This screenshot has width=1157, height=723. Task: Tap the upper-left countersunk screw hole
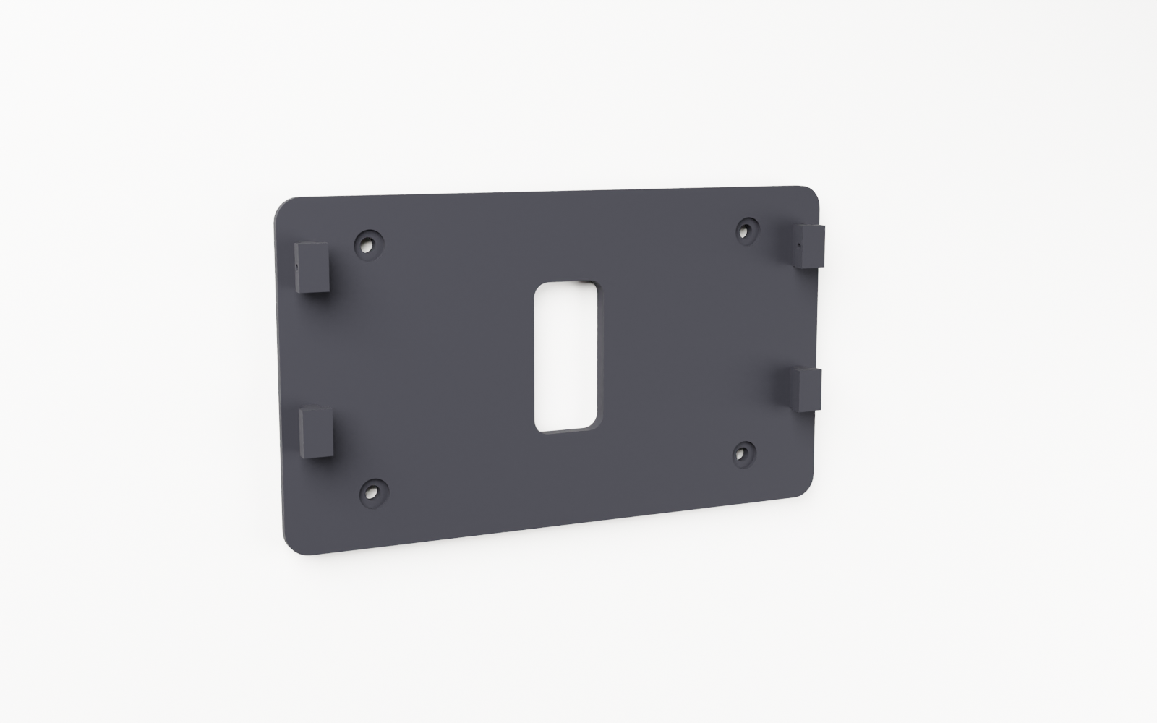pyautogui.click(x=369, y=244)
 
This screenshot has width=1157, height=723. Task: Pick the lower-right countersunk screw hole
pyautogui.click(x=743, y=453)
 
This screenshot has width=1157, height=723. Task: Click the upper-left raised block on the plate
pyautogui.click(x=314, y=267)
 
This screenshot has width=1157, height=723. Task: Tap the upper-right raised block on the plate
pyautogui.click(x=811, y=247)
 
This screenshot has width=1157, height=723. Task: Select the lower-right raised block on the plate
pyautogui.click(x=808, y=390)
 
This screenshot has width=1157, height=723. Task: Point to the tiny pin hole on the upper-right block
pyautogui.click(x=798, y=245)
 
